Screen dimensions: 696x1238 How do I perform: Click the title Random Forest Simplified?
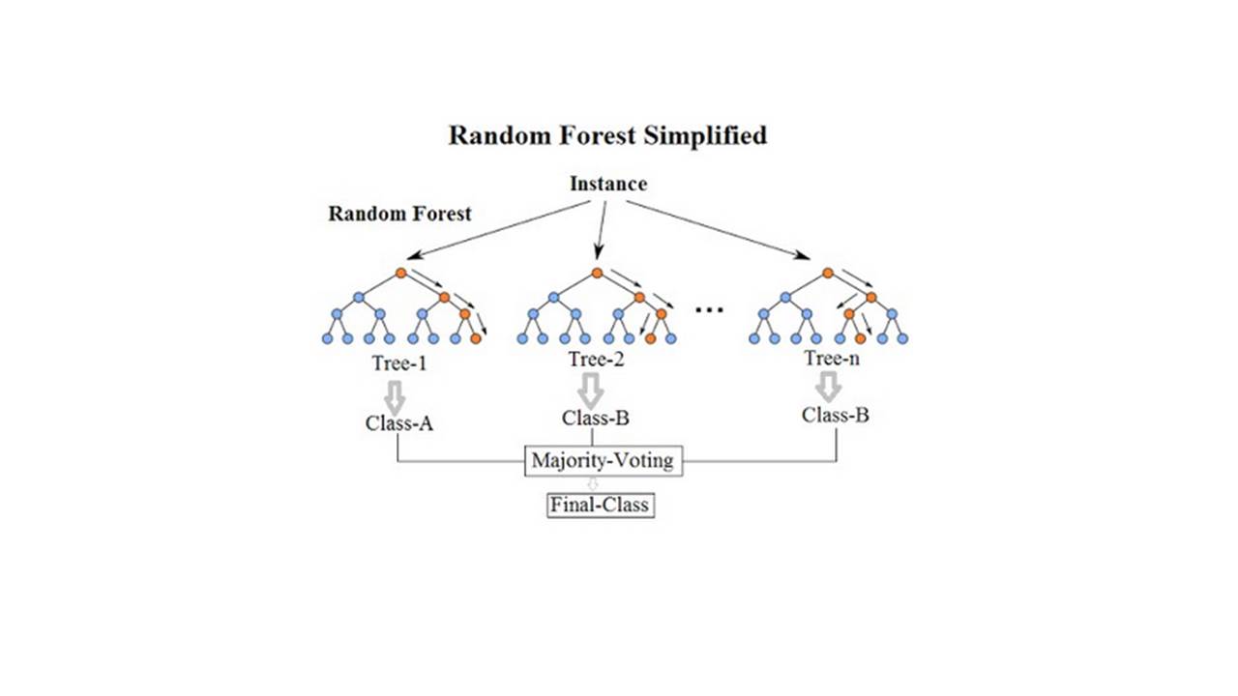click(x=607, y=135)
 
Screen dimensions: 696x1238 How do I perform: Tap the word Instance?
click(x=608, y=184)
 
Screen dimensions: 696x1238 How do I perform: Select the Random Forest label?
click(x=399, y=214)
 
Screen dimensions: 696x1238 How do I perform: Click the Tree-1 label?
click(x=397, y=364)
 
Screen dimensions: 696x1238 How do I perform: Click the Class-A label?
click(x=398, y=422)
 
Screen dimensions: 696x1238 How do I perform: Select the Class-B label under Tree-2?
click(x=596, y=419)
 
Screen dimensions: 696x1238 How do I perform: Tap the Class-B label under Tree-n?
click(x=836, y=415)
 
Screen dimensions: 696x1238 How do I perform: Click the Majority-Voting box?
click(x=602, y=460)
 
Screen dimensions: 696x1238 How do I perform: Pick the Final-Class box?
click(x=601, y=505)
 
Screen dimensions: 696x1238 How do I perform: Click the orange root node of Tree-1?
click(x=400, y=274)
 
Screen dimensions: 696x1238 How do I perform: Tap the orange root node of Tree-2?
click(x=597, y=274)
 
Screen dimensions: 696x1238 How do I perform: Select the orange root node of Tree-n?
click(x=828, y=274)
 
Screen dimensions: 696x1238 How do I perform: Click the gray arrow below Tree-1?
click(x=395, y=394)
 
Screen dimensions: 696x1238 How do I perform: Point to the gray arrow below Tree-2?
click(x=591, y=391)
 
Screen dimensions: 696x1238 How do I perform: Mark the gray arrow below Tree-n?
click(x=828, y=388)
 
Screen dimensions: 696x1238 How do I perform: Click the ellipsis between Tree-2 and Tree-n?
click(x=710, y=310)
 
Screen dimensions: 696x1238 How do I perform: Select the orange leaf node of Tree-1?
click(x=475, y=338)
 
